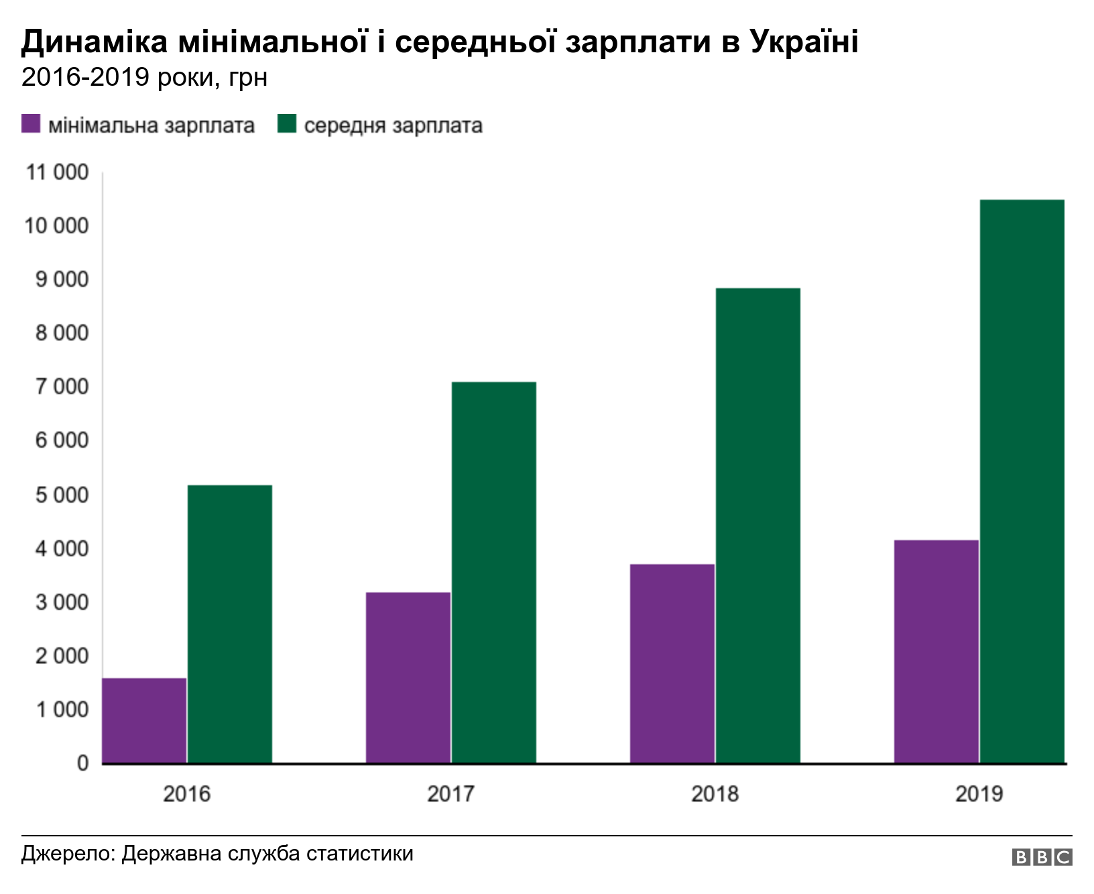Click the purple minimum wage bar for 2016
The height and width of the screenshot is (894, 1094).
[x=144, y=720]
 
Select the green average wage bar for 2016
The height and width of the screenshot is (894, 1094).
[x=230, y=624]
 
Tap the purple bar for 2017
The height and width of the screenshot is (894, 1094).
[x=408, y=678]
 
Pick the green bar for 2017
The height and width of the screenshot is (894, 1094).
[x=494, y=572]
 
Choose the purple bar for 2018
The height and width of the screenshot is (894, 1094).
[x=672, y=663]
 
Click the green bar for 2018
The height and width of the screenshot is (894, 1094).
[x=758, y=525]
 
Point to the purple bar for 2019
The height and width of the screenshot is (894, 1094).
[x=936, y=651]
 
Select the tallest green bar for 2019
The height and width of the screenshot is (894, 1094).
[x=1022, y=481]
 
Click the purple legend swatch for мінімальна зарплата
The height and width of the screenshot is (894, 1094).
[x=31, y=124]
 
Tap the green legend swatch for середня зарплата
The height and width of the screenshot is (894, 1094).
[x=287, y=124]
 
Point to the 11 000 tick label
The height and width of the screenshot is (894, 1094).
[x=57, y=172]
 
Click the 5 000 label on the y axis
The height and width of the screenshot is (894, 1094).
[x=62, y=495]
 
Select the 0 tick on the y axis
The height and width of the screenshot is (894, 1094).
[x=82, y=763]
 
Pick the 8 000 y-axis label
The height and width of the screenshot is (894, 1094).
[x=62, y=333]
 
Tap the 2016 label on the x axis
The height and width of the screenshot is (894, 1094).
[x=186, y=794]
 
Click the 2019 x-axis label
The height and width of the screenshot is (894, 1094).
[x=979, y=794]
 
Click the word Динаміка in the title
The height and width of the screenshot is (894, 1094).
[x=95, y=42]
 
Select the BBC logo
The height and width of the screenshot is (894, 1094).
[x=1042, y=857]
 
